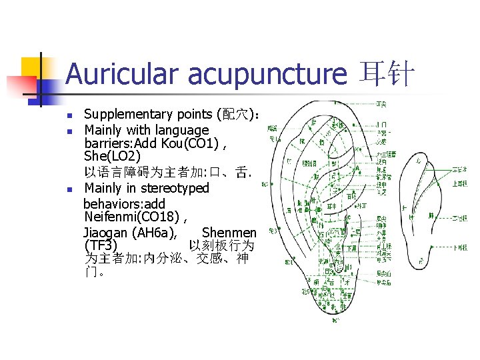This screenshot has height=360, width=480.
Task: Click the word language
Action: click(x=181, y=130)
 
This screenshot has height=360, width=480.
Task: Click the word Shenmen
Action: click(x=229, y=232)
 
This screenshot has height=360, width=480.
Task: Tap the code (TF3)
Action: click(x=102, y=246)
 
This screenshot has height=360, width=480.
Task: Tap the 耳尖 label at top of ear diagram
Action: click(x=381, y=104)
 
